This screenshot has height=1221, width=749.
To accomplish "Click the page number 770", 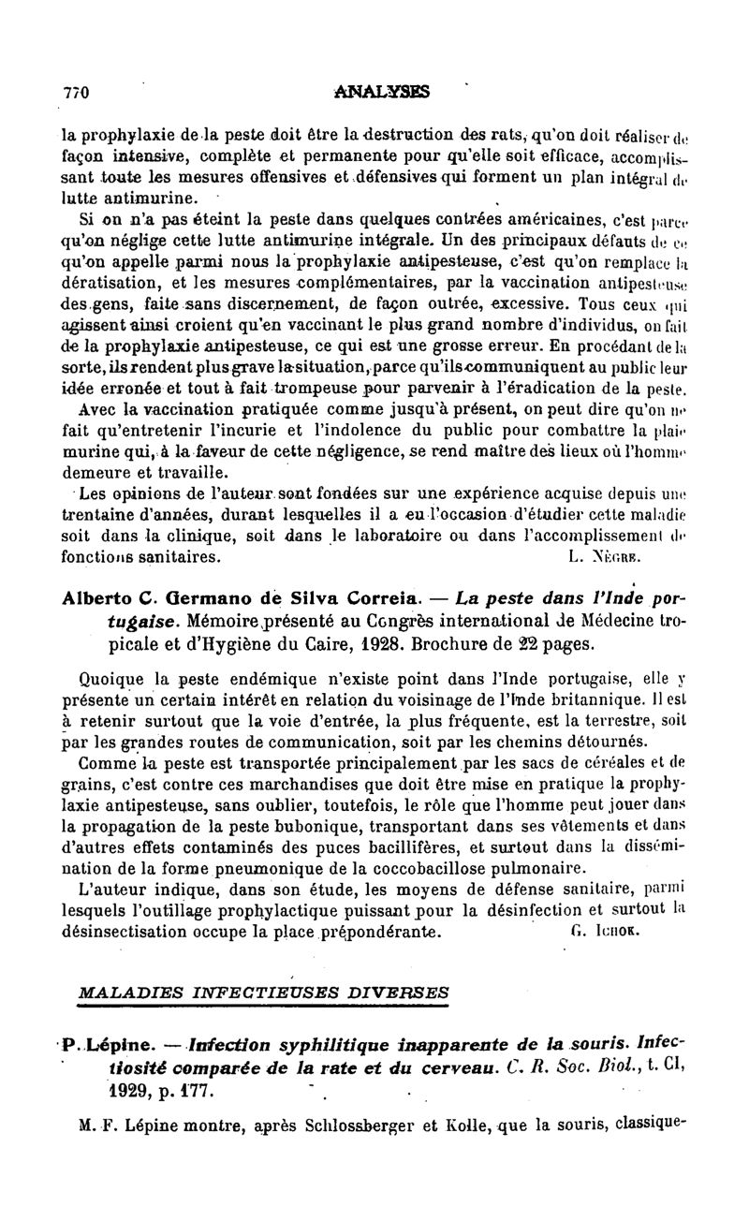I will coord(75,93).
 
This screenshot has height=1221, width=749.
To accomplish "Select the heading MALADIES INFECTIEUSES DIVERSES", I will coord(263,992).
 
